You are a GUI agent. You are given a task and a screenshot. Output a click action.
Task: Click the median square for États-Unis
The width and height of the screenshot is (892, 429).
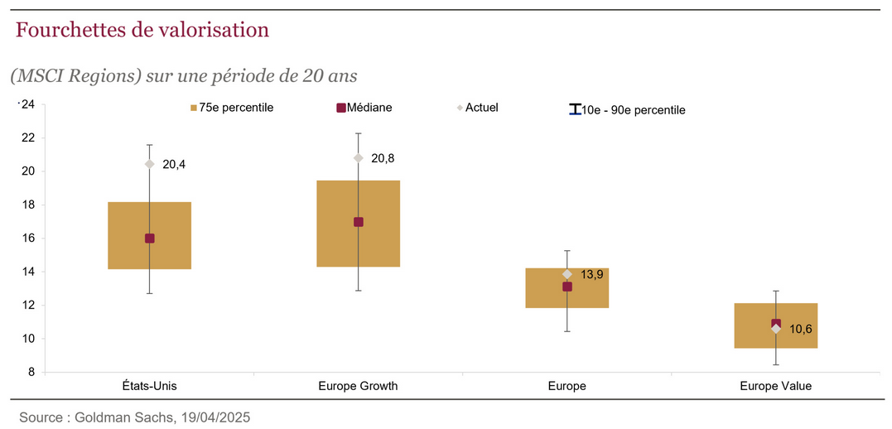(x=150, y=239)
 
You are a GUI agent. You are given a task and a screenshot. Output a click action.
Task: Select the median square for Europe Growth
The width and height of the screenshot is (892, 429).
(x=359, y=222)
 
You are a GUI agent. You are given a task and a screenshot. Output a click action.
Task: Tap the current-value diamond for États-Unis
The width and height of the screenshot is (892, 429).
(x=150, y=164)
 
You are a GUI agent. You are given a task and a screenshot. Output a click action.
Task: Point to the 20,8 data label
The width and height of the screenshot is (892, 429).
(x=383, y=158)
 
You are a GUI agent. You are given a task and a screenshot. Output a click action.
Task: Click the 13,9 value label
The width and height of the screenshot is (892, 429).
(x=591, y=274)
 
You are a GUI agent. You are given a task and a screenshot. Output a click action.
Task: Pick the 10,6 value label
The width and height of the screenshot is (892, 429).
(x=800, y=329)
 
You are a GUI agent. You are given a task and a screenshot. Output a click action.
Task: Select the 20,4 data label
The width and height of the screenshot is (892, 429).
(x=174, y=165)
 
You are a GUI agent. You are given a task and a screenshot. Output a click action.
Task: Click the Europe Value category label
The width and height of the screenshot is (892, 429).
(x=775, y=386)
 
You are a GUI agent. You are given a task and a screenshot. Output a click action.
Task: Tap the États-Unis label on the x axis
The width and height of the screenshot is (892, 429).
(x=149, y=386)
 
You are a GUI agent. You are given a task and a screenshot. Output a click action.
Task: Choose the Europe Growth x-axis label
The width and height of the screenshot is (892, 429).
(x=358, y=386)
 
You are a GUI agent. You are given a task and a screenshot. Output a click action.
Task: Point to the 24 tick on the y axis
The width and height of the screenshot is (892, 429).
(x=27, y=104)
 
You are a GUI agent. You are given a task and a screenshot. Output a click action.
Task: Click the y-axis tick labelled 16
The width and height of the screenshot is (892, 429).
(x=27, y=239)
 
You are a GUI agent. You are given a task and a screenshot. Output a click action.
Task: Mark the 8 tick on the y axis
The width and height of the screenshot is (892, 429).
(x=31, y=373)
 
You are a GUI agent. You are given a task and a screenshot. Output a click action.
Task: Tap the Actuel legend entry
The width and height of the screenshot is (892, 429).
(x=481, y=108)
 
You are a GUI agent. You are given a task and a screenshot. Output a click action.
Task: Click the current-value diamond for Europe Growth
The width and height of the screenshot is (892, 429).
(x=359, y=158)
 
